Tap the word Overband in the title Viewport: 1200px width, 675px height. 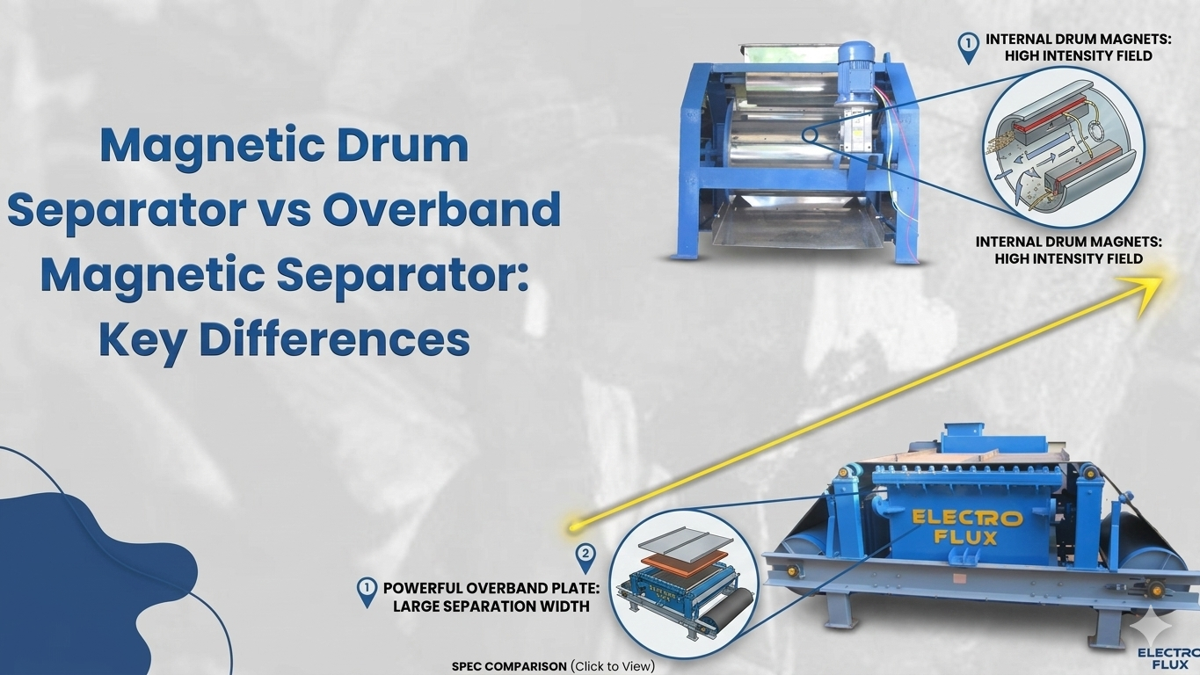click(x=441, y=209)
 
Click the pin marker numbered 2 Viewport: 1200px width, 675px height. click(x=585, y=557)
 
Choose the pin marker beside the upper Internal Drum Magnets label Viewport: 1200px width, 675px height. click(x=968, y=47)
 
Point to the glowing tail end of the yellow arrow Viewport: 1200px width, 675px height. click(x=573, y=526)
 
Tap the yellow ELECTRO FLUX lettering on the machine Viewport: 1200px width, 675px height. click(x=967, y=526)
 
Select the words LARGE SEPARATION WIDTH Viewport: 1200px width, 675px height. click(x=491, y=606)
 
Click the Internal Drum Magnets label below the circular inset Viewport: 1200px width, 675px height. click(x=1068, y=250)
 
